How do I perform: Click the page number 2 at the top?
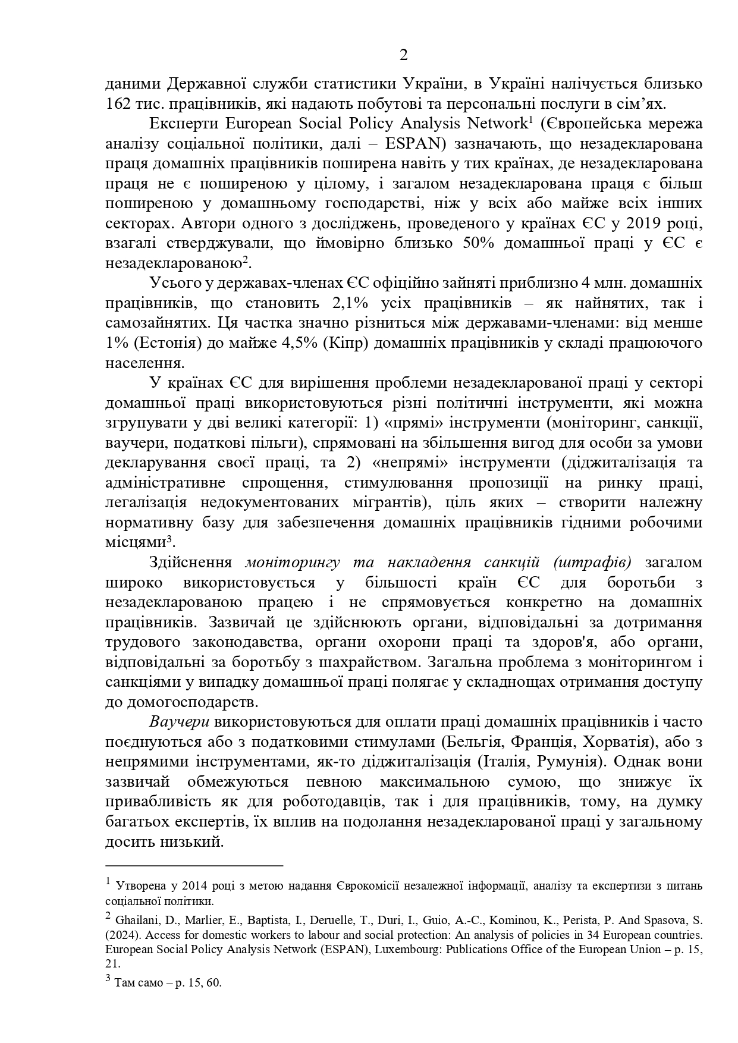coord(404,55)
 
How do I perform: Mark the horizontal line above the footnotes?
coord(194,866)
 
